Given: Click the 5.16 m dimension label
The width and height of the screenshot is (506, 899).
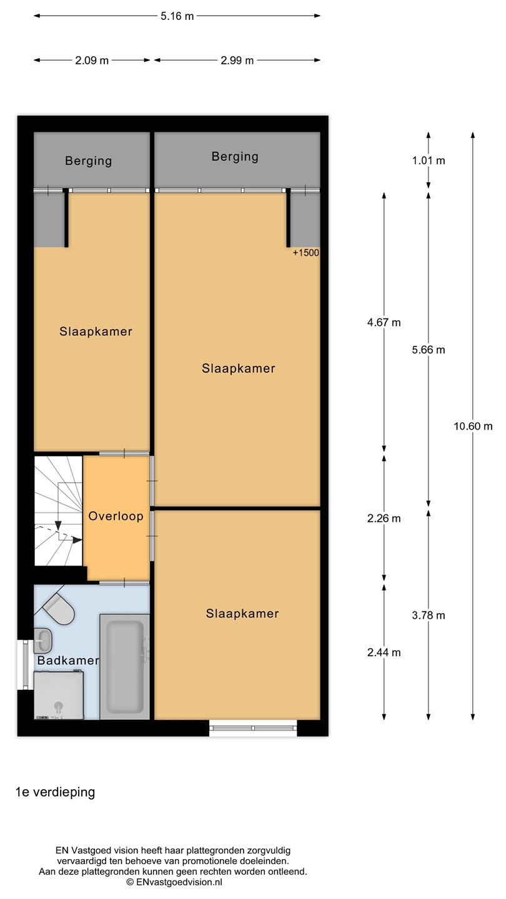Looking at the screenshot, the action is (x=177, y=16).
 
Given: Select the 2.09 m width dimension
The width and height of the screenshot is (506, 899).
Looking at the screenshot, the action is (x=92, y=60).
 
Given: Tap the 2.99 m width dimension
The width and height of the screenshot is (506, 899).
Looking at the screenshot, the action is (x=237, y=60).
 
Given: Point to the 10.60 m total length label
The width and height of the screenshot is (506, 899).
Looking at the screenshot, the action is (x=473, y=426).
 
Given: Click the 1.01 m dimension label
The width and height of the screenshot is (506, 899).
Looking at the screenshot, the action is (x=429, y=160).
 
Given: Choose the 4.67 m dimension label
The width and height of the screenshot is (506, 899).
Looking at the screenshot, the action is (x=384, y=322).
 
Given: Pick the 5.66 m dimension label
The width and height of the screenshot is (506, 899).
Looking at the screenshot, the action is (x=429, y=350).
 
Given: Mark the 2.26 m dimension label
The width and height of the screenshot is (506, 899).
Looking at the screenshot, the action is (x=384, y=518).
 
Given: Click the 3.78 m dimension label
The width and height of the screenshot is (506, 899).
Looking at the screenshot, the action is (x=429, y=616).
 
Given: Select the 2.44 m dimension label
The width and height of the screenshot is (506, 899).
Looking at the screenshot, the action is (x=384, y=652).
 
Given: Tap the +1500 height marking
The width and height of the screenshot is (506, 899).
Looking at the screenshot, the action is (x=306, y=252).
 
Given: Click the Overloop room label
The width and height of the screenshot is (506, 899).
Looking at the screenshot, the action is (x=116, y=516).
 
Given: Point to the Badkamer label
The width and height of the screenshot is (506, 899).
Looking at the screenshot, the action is (x=68, y=661).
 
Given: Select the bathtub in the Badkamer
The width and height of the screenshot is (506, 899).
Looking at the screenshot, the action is (x=124, y=667).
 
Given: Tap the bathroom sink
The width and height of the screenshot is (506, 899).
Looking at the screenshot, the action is (x=42, y=641).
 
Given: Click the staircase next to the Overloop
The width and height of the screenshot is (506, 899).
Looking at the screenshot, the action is (x=59, y=511).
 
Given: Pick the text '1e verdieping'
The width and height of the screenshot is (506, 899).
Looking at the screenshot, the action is (x=56, y=792).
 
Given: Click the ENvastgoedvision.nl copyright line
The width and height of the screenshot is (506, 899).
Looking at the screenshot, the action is (x=174, y=882).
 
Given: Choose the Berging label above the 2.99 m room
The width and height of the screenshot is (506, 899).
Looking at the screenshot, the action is (x=235, y=157).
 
